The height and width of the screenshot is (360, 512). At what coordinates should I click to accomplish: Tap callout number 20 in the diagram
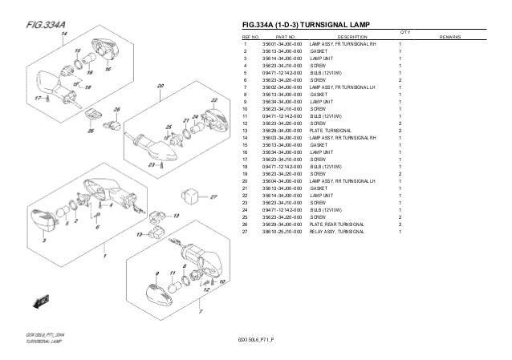pos(161,85)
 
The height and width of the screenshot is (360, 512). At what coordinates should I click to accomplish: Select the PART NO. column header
pos(286,37)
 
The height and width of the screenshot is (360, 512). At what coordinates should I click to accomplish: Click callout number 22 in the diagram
pos(214,101)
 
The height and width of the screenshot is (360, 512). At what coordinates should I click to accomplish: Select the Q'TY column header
pos(404,32)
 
